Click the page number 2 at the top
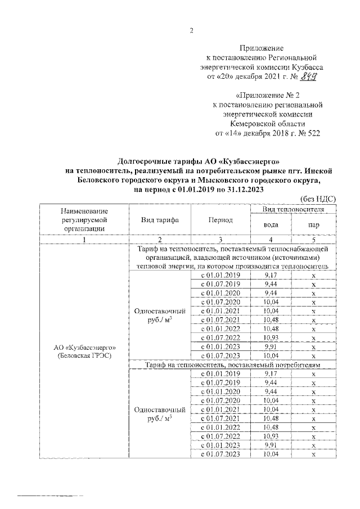tap(191, 30)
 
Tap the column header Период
tap(220, 220)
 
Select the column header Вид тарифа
tap(160, 220)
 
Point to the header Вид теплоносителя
tap(292, 209)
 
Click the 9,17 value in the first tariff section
tap(271, 275)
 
